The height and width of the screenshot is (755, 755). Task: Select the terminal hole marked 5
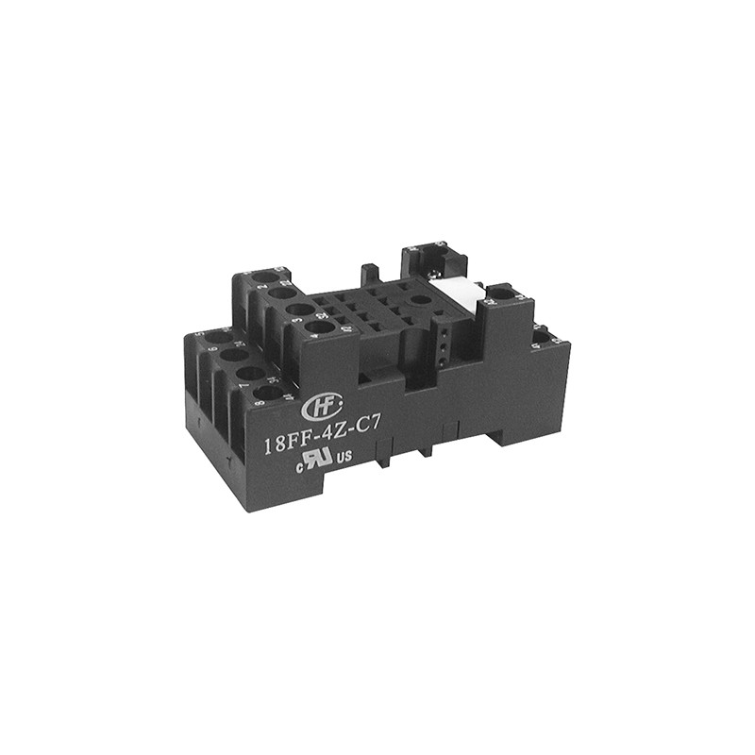(218, 337)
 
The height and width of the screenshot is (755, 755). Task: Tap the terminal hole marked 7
(250, 374)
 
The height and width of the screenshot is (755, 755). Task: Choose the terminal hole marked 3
(299, 310)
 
